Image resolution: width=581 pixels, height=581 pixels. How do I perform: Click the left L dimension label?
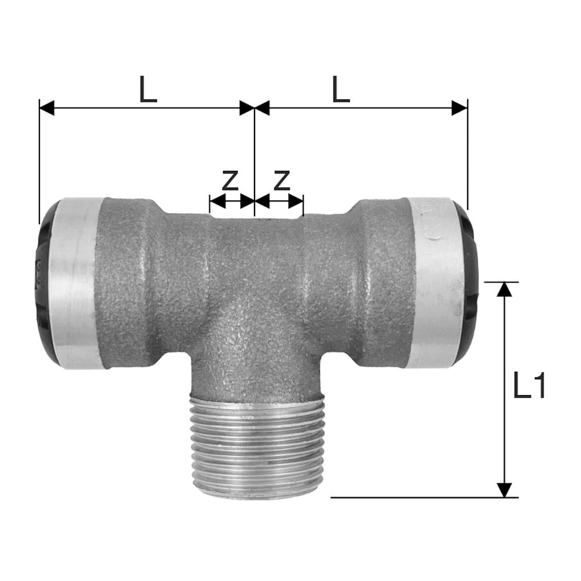pyautogui.click(x=148, y=90)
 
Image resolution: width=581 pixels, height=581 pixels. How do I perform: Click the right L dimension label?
pyautogui.click(x=341, y=90)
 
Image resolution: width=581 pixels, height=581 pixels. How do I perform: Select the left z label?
pyautogui.click(x=231, y=181)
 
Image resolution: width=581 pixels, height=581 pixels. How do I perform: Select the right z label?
pyautogui.click(x=282, y=181)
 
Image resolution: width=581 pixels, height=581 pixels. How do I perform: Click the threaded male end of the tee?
pyautogui.click(x=254, y=447)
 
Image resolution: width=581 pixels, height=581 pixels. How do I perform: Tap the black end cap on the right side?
pyautogui.click(x=470, y=285)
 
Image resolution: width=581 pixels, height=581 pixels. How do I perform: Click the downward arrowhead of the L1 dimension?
pyautogui.click(x=505, y=490)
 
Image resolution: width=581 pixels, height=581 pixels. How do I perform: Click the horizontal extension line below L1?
pyautogui.click(x=418, y=497)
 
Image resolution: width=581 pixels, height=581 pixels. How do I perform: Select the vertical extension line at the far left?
pyautogui.click(x=39, y=163)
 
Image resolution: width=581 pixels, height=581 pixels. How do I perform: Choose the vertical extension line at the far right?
pyautogui.click(x=468, y=157)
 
